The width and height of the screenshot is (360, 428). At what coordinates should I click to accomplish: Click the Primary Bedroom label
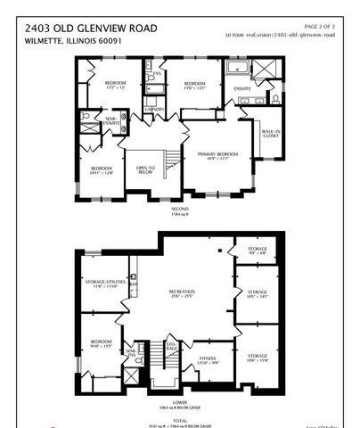click(209, 155)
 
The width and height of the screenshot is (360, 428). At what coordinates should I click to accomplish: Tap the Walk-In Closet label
click(271, 135)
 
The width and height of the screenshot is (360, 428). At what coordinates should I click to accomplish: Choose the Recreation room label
click(182, 293)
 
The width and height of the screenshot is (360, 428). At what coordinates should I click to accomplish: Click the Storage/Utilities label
click(101, 284)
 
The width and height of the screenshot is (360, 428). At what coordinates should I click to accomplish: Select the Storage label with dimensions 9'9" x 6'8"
click(257, 251)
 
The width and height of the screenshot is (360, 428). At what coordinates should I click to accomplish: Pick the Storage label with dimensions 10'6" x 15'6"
click(257, 358)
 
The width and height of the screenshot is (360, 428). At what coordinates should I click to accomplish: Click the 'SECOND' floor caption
click(181, 210)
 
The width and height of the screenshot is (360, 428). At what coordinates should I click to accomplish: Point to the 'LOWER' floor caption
click(181, 403)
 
